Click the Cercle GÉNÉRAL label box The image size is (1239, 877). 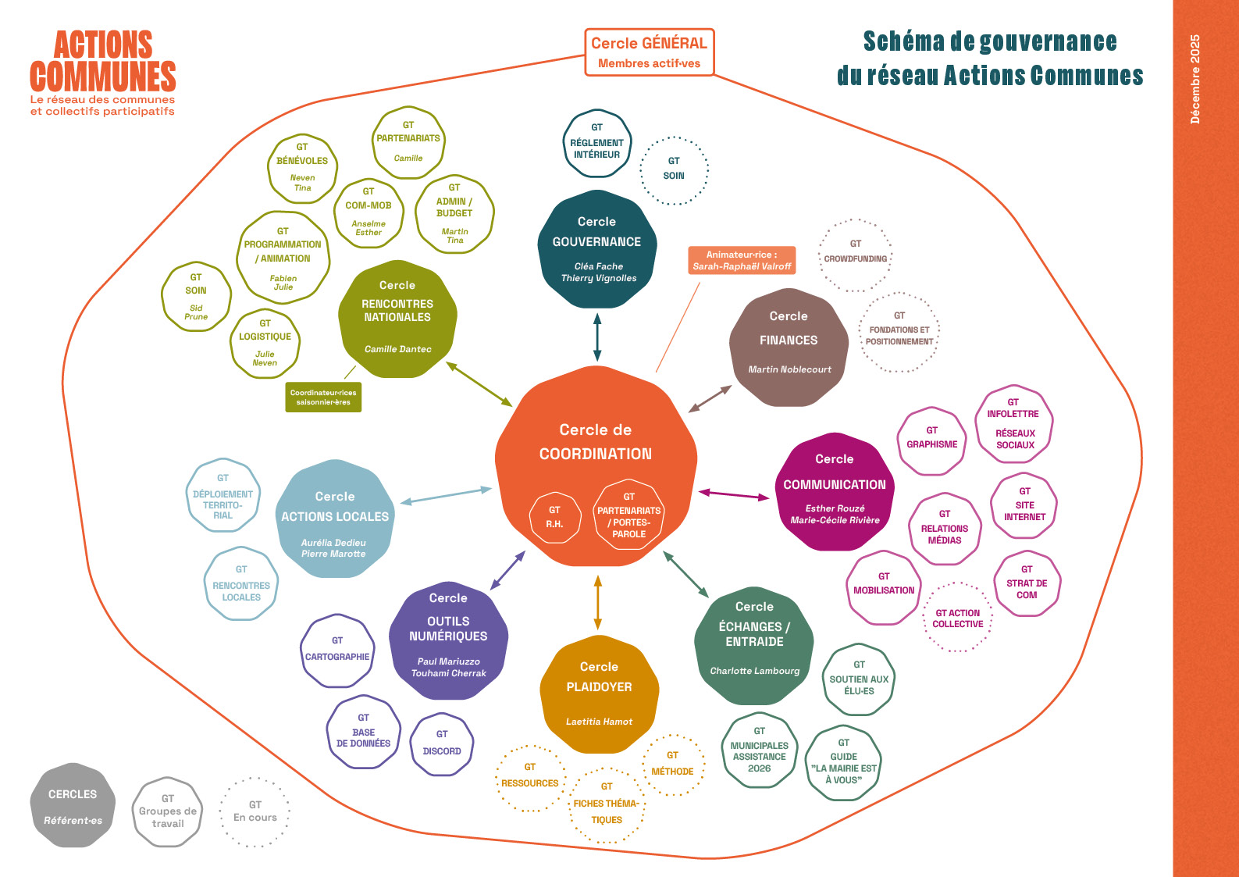[650, 52]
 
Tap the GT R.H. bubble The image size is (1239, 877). [554, 517]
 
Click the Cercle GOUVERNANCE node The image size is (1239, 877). [597, 249]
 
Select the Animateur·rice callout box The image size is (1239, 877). [742, 260]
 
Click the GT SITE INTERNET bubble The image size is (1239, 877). [1024, 506]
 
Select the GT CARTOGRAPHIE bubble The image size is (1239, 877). [337, 651]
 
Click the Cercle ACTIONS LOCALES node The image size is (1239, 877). [335, 519]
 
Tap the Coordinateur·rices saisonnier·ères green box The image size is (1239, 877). [323, 397]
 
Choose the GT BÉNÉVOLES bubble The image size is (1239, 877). [302, 169]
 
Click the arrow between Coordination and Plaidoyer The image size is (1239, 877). [598, 602]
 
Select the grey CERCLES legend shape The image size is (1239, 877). [73, 805]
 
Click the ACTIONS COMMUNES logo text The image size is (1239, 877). [103, 62]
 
